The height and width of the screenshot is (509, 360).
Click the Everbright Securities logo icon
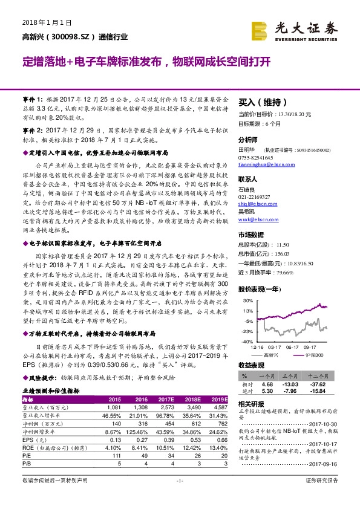pos(262,29)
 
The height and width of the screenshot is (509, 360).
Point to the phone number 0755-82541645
pos(258,156)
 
